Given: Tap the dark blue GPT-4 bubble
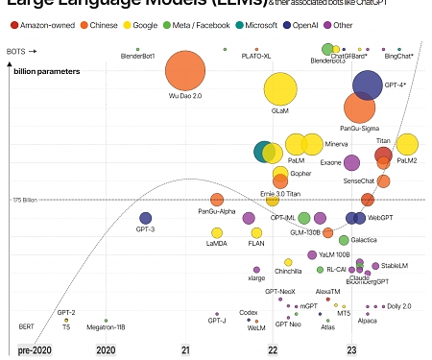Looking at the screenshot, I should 370,84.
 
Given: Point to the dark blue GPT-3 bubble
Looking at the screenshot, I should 146,219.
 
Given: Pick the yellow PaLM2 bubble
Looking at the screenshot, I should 407,145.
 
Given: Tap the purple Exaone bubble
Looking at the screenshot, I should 352,162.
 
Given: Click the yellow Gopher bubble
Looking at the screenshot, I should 280,175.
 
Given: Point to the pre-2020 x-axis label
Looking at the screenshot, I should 35,351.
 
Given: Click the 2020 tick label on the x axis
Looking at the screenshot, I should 107,351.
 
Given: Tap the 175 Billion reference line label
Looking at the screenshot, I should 25,200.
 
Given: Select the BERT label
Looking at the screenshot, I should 27,327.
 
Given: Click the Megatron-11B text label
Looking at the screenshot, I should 107,327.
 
